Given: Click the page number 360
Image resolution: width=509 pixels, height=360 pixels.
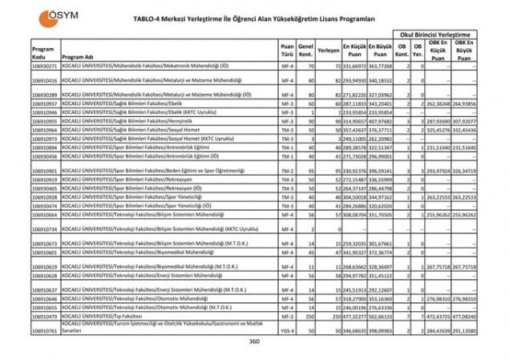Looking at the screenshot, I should pos(255,342).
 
